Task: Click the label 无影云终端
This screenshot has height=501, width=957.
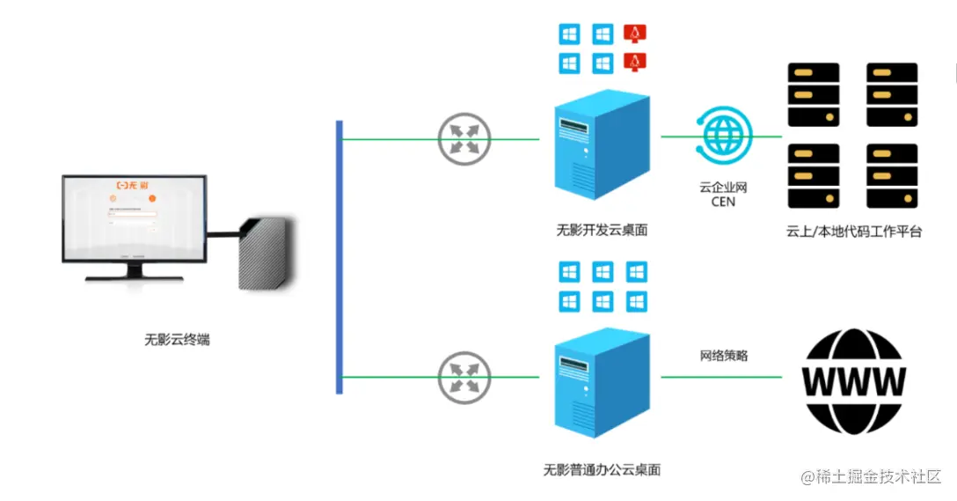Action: pyautogui.click(x=178, y=339)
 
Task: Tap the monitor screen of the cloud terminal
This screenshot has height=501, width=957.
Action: pyautogui.click(x=135, y=217)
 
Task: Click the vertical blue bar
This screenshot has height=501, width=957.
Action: pyautogui.click(x=339, y=257)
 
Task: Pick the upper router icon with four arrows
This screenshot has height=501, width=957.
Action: pyautogui.click(x=464, y=138)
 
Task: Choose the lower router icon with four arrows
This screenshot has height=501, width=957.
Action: pyautogui.click(x=464, y=377)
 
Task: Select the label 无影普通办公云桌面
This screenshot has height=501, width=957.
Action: pyautogui.click(x=602, y=469)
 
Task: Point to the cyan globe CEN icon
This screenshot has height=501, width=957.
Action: pyautogui.click(x=723, y=136)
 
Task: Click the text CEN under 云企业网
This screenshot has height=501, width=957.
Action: pyautogui.click(x=722, y=202)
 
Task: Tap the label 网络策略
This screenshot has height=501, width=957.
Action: pyautogui.click(x=723, y=356)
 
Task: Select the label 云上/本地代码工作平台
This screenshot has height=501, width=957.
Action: pyautogui.click(x=853, y=232)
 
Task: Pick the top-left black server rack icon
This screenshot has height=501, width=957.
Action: pyautogui.click(x=813, y=95)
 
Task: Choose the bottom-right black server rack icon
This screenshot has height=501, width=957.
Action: pyautogui.click(x=892, y=175)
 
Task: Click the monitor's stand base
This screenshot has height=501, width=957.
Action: pyautogui.click(x=134, y=277)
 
